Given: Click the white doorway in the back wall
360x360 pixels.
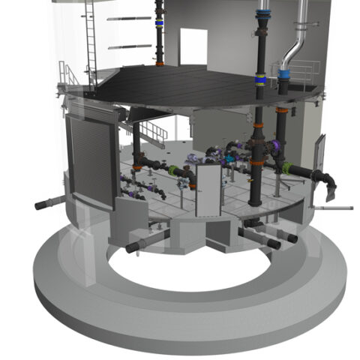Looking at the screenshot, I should tap(193, 47).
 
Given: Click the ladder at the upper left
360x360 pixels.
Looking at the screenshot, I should tap(91, 45).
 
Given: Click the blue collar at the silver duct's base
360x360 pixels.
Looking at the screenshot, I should tap(285, 73).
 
